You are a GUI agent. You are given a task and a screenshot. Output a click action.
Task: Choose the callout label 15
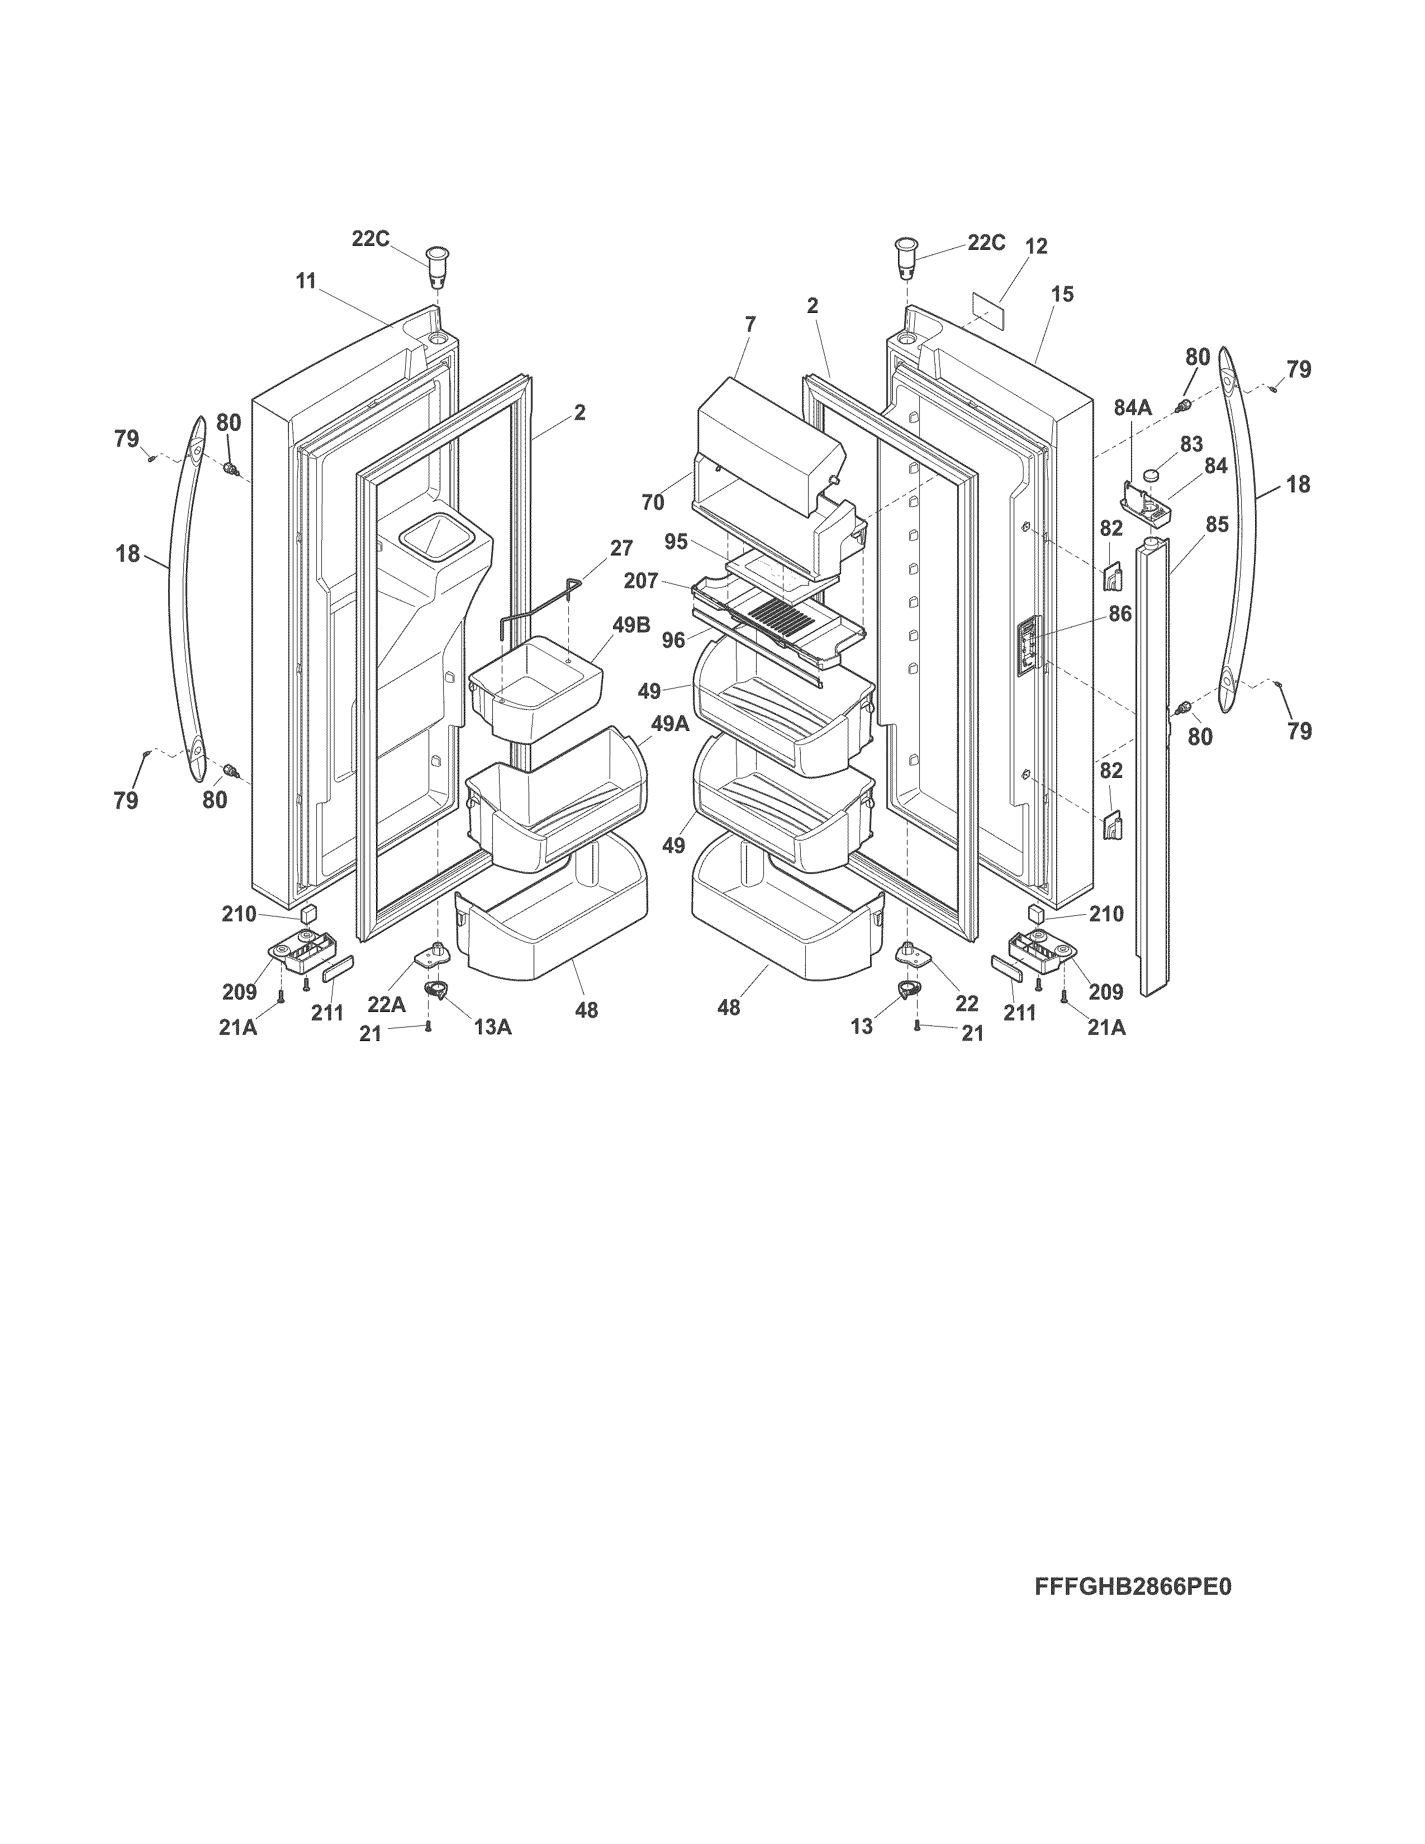pos(1063,294)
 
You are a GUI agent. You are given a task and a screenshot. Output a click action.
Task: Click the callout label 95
pos(676,541)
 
